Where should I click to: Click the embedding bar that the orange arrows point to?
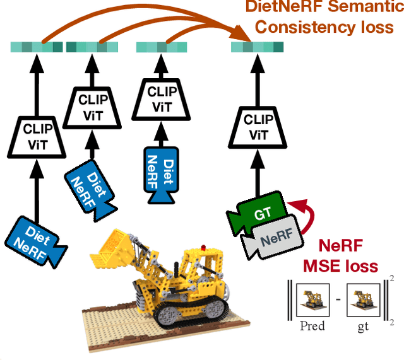(x=256, y=47)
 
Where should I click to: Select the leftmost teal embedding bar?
(x=37, y=47)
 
